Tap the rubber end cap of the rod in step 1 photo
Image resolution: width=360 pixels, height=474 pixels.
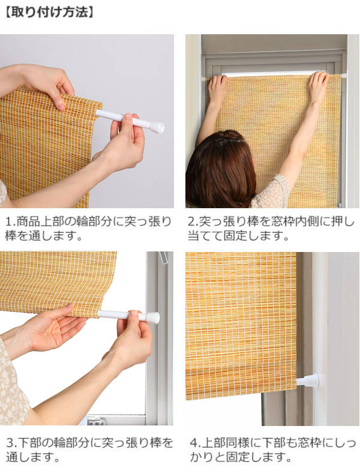(157, 127)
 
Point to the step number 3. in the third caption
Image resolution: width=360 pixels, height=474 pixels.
(11, 443)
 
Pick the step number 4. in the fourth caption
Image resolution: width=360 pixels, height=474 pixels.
(195, 443)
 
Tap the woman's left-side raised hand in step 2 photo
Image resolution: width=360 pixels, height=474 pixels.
(217, 88)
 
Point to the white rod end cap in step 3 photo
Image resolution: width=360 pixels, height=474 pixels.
(153, 318)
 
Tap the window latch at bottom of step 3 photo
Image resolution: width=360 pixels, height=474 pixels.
(96, 421)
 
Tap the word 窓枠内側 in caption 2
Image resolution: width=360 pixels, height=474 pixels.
(292, 222)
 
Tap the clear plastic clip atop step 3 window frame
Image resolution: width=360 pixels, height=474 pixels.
(163, 257)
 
